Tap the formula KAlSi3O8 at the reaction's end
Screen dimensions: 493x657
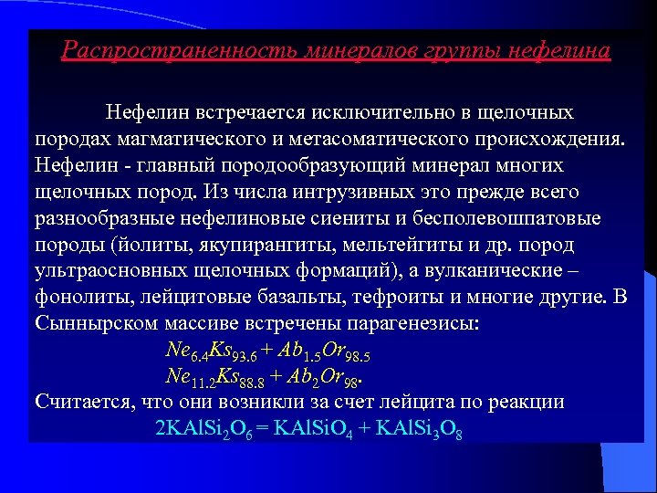pos(421,428)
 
